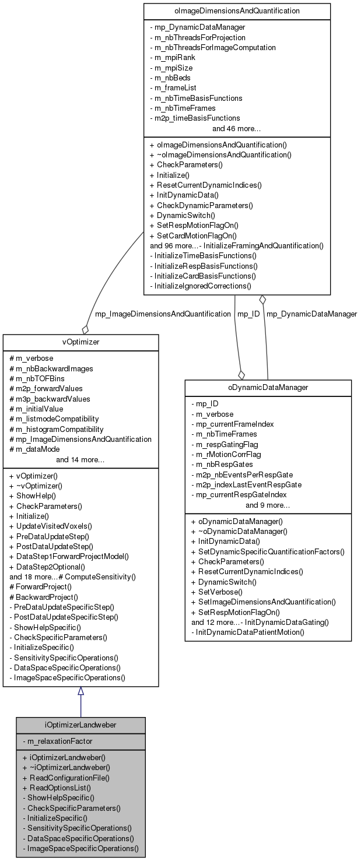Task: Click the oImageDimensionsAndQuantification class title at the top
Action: (x=237, y=10)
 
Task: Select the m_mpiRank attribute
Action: (x=173, y=58)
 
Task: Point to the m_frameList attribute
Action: (x=173, y=88)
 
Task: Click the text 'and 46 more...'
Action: (x=236, y=128)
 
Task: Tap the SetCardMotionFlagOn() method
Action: (x=193, y=236)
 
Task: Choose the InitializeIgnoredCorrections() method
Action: (x=200, y=286)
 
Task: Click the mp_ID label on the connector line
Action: (x=248, y=314)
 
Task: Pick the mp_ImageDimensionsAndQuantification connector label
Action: (x=163, y=314)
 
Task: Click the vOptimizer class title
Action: (x=80, y=342)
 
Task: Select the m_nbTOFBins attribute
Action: (x=37, y=378)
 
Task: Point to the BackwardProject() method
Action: (x=44, y=597)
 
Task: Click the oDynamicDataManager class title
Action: (x=268, y=388)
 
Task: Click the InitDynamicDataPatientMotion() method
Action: (x=248, y=632)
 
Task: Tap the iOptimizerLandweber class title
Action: (x=80, y=725)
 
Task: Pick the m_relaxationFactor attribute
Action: (x=58, y=741)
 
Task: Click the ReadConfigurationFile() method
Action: (x=66, y=778)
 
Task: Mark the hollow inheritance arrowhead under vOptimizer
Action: (x=80, y=691)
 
